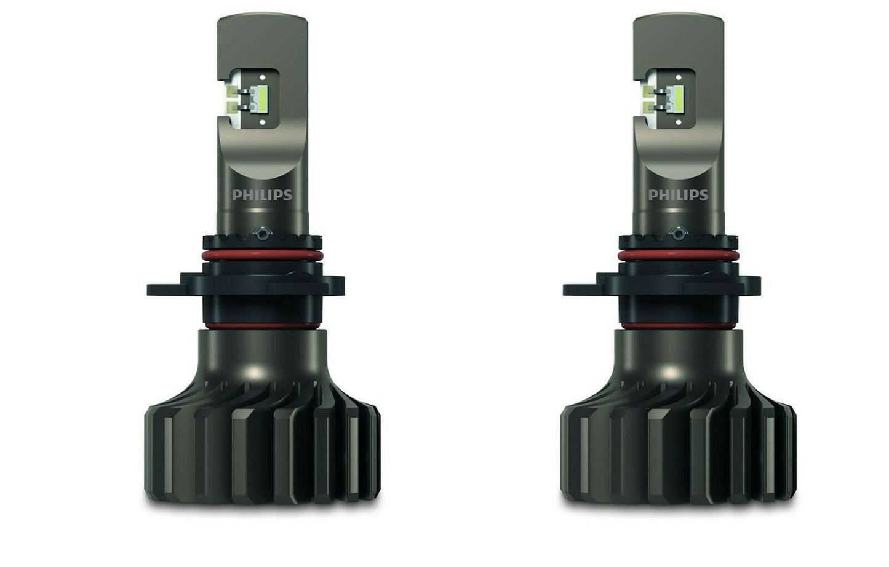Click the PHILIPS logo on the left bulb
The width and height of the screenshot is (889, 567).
pyautogui.click(x=262, y=195)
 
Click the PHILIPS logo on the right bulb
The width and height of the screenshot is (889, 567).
pyautogui.click(x=678, y=195)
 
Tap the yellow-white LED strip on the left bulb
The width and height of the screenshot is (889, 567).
pyautogui.click(x=263, y=98)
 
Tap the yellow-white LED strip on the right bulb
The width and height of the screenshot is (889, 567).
pyautogui.click(x=679, y=98)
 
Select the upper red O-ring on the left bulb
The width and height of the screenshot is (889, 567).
pyautogui.click(x=262, y=256)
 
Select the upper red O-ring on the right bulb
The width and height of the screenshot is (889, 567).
pyautogui.click(x=678, y=256)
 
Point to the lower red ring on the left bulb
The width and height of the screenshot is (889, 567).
pyautogui.click(x=262, y=326)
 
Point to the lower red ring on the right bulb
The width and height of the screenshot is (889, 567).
pyautogui.click(x=678, y=326)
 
